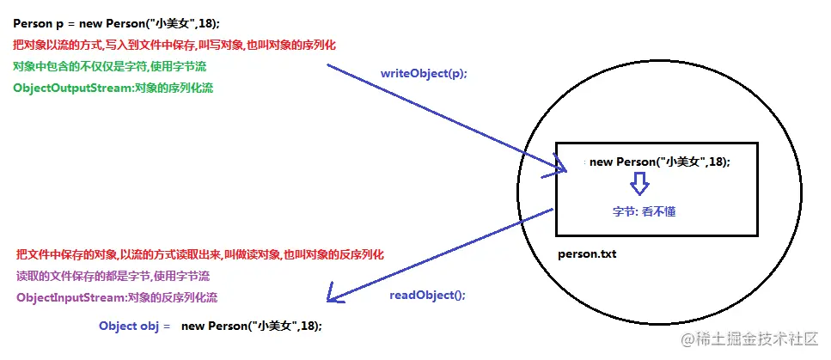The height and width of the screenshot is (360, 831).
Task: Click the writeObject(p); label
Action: pyautogui.click(x=424, y=74)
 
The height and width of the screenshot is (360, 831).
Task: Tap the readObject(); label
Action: pyautogui.click(x=427, y=294)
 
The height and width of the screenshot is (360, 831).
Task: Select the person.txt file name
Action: pyautogui.click(x=587, y=254)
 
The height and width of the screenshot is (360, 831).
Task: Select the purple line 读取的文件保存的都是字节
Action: pyautogui.click(x=113, y=277)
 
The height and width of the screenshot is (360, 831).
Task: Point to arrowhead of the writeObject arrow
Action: pyautogui.click(x=563, y=169)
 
